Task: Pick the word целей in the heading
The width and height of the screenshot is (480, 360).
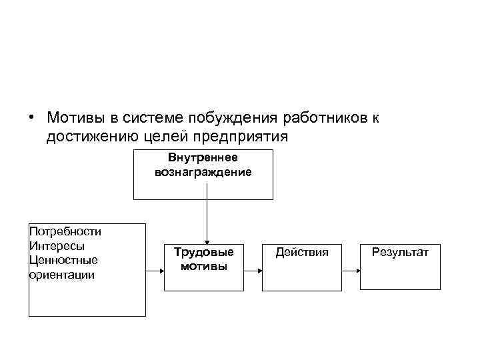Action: tap(166, 137)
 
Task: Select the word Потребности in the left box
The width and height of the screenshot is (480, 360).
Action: tap(65, 231)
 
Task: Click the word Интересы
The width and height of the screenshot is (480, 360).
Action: tap(57, 245)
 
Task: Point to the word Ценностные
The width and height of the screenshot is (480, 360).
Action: tap(63, 260)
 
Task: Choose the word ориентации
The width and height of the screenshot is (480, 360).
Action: tap(62, 274)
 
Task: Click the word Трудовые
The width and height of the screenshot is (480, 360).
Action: tap(204, 252)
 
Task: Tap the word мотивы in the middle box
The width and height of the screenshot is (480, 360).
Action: tap(204, 266)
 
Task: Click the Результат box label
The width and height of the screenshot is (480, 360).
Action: tap(401, 252)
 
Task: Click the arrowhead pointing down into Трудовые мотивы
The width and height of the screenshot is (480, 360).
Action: tap(207, 241)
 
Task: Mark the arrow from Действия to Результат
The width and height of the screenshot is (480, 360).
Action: tap(350, 271)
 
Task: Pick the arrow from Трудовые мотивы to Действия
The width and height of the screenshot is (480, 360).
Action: tap(253, 271)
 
